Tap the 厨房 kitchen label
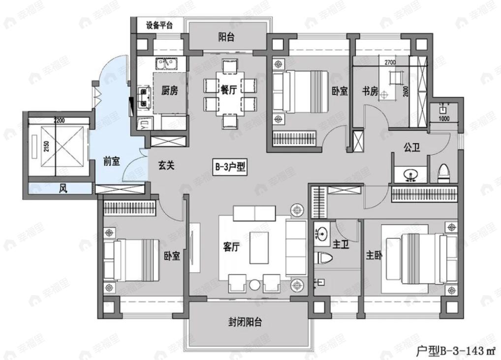pos(169,90)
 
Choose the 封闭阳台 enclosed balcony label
pos(245,322)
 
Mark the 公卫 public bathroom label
pos(411,147)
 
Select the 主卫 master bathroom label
pos(341,244)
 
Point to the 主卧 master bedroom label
pos(374,256)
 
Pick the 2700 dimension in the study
pos(390,63)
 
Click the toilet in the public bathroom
pos(444,172)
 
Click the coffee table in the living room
pos(259,248)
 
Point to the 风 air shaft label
pos(63,188)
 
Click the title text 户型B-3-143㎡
pos(456,351)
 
